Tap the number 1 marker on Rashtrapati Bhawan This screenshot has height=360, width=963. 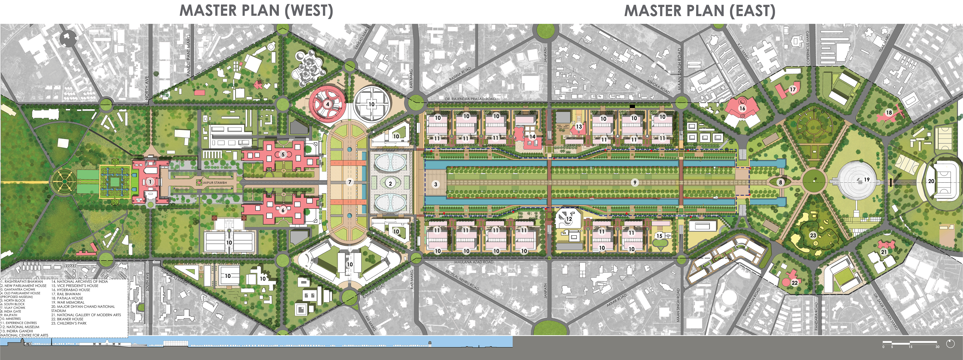pos(150,182)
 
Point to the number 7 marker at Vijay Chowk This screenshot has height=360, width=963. pos(350,182)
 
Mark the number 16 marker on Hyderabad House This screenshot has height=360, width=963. pos(742,108)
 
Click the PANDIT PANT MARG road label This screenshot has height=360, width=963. pos(188,55)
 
